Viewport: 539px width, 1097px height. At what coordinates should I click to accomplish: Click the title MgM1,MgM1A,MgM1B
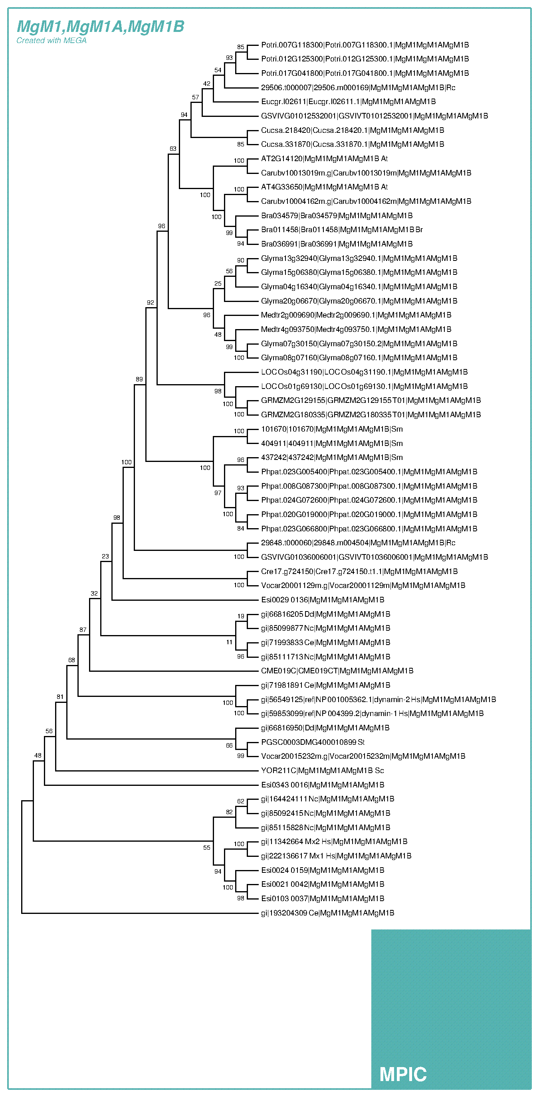[x=101, y=26]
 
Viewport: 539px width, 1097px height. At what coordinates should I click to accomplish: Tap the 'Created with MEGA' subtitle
[x=51, y=40]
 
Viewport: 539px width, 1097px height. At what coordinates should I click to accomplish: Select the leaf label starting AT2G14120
[x=324, y=158]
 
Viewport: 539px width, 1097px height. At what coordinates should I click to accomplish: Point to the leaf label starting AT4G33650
[x=324, y=187]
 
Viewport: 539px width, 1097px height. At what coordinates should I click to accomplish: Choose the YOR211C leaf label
[x=322, y=770]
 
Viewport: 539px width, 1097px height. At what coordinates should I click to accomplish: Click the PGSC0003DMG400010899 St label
[x=313, y=742]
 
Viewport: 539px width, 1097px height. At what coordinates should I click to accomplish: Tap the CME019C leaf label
[x=337, y=671]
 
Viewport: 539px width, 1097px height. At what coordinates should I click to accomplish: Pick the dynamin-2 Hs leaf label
[x=378, y=699]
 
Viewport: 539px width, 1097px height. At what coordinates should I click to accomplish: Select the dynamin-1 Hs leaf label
[x=372, y=713]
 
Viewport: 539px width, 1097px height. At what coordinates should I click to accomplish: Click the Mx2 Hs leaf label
[x=334, y=841]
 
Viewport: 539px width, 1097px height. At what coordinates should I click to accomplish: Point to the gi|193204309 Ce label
[x=327, y=913]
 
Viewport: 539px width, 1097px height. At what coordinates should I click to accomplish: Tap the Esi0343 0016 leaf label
[x=323, y=784]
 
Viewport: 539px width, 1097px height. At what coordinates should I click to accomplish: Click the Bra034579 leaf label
[x=337, y=215]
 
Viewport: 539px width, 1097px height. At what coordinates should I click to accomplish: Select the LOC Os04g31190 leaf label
[x=364, y=372]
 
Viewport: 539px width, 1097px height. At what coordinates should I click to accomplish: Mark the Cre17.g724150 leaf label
[x=359, y=571]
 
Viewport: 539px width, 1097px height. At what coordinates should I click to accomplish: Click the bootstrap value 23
[x=105, y=556]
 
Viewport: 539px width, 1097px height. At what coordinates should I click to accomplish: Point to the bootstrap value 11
[x=229, y=642]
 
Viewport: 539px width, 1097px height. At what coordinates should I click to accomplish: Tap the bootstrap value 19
[x=241, y=616]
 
